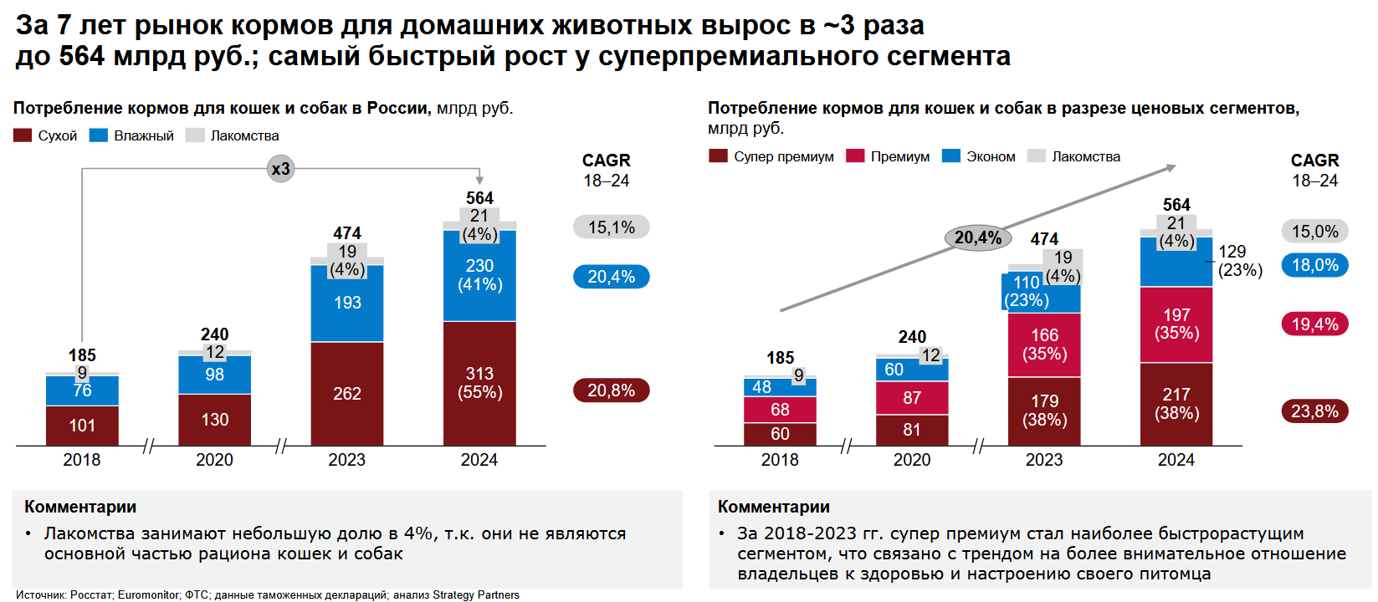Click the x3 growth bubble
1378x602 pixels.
click(x=280, y=169)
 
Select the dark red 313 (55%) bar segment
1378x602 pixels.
click(x=479, y=383)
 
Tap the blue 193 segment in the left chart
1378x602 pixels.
click(x=347, y=303)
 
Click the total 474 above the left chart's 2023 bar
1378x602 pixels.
click(x=347, y=233)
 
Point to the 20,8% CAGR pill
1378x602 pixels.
click(x=611, y=390)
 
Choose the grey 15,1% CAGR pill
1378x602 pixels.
click(x=611, y=227)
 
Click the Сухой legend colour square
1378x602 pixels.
click(x=23, y=135)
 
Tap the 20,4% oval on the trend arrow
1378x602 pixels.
click(x=977, y=238)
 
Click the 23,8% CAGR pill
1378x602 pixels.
click(x=1314, y=411)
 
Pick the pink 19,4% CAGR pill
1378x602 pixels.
click(x=1314, y=324)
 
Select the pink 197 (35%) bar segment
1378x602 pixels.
click(x=1176, y=324)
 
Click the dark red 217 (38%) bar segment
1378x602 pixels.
click(x=1176, y=404)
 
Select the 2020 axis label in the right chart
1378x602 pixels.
click(x=912, y=460)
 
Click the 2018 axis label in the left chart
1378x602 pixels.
click(x=82, y=460)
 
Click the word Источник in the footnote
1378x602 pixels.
click(x=40, y=595)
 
